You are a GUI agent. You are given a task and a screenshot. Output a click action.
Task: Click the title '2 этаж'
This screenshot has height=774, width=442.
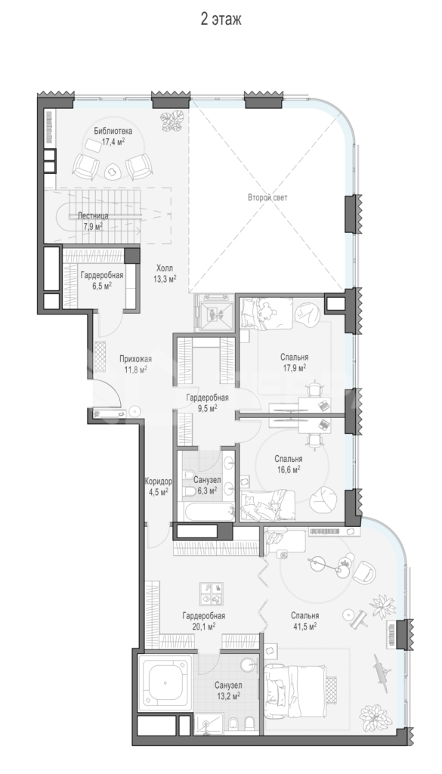[x=221, y=19]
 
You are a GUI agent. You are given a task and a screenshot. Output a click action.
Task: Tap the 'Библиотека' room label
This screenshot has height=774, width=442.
[x=113, y=132]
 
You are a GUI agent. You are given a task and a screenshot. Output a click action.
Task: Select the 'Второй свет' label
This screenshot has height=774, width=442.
[x=267, y=197]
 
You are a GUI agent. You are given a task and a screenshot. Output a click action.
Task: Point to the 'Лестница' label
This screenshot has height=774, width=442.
[x=93, y=216]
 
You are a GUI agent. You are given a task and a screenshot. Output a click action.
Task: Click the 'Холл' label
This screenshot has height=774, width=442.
[x=165, y=268]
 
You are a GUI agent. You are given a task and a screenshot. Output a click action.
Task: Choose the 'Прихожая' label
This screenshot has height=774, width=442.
[x=136, y=359]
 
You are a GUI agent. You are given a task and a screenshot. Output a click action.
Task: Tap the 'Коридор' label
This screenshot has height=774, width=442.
[x=159, y=481]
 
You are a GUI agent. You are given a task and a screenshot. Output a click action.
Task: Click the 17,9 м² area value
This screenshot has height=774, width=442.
[x=295, y=367]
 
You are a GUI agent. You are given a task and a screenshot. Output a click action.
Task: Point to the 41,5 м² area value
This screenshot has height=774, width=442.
[x=304, y=625]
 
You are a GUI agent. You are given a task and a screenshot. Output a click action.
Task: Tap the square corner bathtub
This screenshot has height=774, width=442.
[x=165, y=683]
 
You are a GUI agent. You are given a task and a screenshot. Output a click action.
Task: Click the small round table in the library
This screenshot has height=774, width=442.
[x=113, y=171]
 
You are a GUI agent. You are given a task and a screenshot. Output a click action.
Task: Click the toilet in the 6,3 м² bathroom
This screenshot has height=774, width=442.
[x=190, y=491]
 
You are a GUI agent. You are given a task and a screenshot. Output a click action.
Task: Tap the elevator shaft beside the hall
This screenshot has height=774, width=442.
[x=214, y=312]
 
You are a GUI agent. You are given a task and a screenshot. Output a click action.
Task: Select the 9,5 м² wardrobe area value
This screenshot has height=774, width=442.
[x=207, y=407]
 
